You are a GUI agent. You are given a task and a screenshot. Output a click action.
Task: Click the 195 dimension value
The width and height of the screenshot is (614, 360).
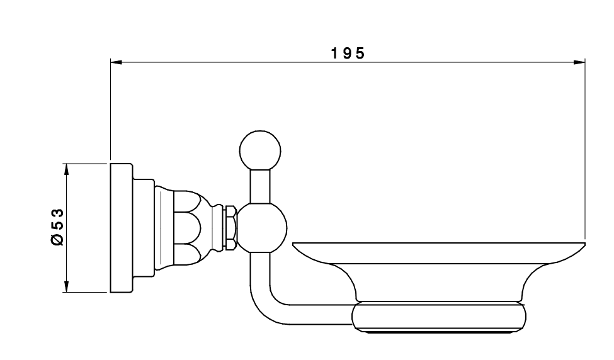coord(348,53)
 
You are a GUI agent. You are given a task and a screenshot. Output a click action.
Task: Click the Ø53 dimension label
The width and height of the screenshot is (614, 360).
coord(57,227)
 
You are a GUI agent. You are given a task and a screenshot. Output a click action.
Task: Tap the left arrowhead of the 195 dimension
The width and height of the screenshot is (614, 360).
coord(117,62)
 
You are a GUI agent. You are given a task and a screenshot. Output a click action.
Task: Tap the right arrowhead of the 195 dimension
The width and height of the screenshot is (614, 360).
coord(579,62)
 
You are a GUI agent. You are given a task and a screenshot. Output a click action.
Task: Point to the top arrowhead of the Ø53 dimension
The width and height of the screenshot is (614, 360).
coord(66,169)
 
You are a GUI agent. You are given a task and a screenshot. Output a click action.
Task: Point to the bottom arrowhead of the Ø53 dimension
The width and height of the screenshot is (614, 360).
coord(66,286)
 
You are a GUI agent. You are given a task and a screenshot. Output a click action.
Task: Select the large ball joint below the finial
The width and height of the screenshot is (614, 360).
coord(262,228)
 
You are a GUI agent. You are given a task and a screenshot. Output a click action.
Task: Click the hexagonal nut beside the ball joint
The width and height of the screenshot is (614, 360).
coord(230,228)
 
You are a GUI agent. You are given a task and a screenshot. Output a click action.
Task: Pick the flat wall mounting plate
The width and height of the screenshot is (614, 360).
coord(122,228)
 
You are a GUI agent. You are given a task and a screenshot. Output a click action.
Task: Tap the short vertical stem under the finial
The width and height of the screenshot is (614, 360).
coord(260,186)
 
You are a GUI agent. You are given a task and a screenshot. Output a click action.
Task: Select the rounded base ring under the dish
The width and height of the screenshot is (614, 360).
coord(440,318)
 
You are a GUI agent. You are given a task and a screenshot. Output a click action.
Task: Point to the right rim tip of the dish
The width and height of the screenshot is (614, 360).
coord(584,244)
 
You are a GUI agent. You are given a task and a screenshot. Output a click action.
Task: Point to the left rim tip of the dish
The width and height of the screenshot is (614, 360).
coord(293,244)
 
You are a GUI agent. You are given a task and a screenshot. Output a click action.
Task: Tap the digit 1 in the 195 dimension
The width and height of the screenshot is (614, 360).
coord(335,53)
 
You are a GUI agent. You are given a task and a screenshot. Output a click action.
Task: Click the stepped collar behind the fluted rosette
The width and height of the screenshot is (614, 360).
coord(144,228)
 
